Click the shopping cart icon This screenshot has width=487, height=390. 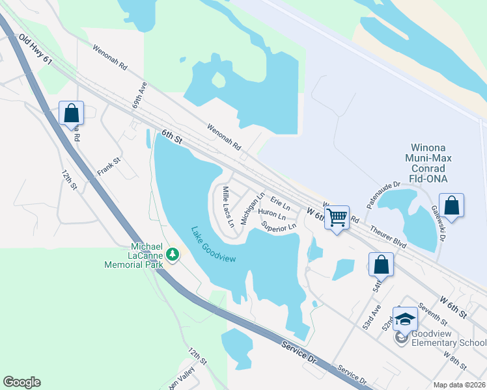(x=337, y=217)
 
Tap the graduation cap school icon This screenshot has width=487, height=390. (x=405, y=318)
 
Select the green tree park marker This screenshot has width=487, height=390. (x=173, y=253)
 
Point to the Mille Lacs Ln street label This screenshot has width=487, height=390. (x=229, y=206)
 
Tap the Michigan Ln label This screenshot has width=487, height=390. (x=252, y=209)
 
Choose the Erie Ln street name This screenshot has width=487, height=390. (x=280, y=203)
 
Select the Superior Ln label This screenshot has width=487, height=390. (x=279, y=226)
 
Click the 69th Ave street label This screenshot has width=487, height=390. (x=139, y=96)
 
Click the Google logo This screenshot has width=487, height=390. (x=21, y=382)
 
